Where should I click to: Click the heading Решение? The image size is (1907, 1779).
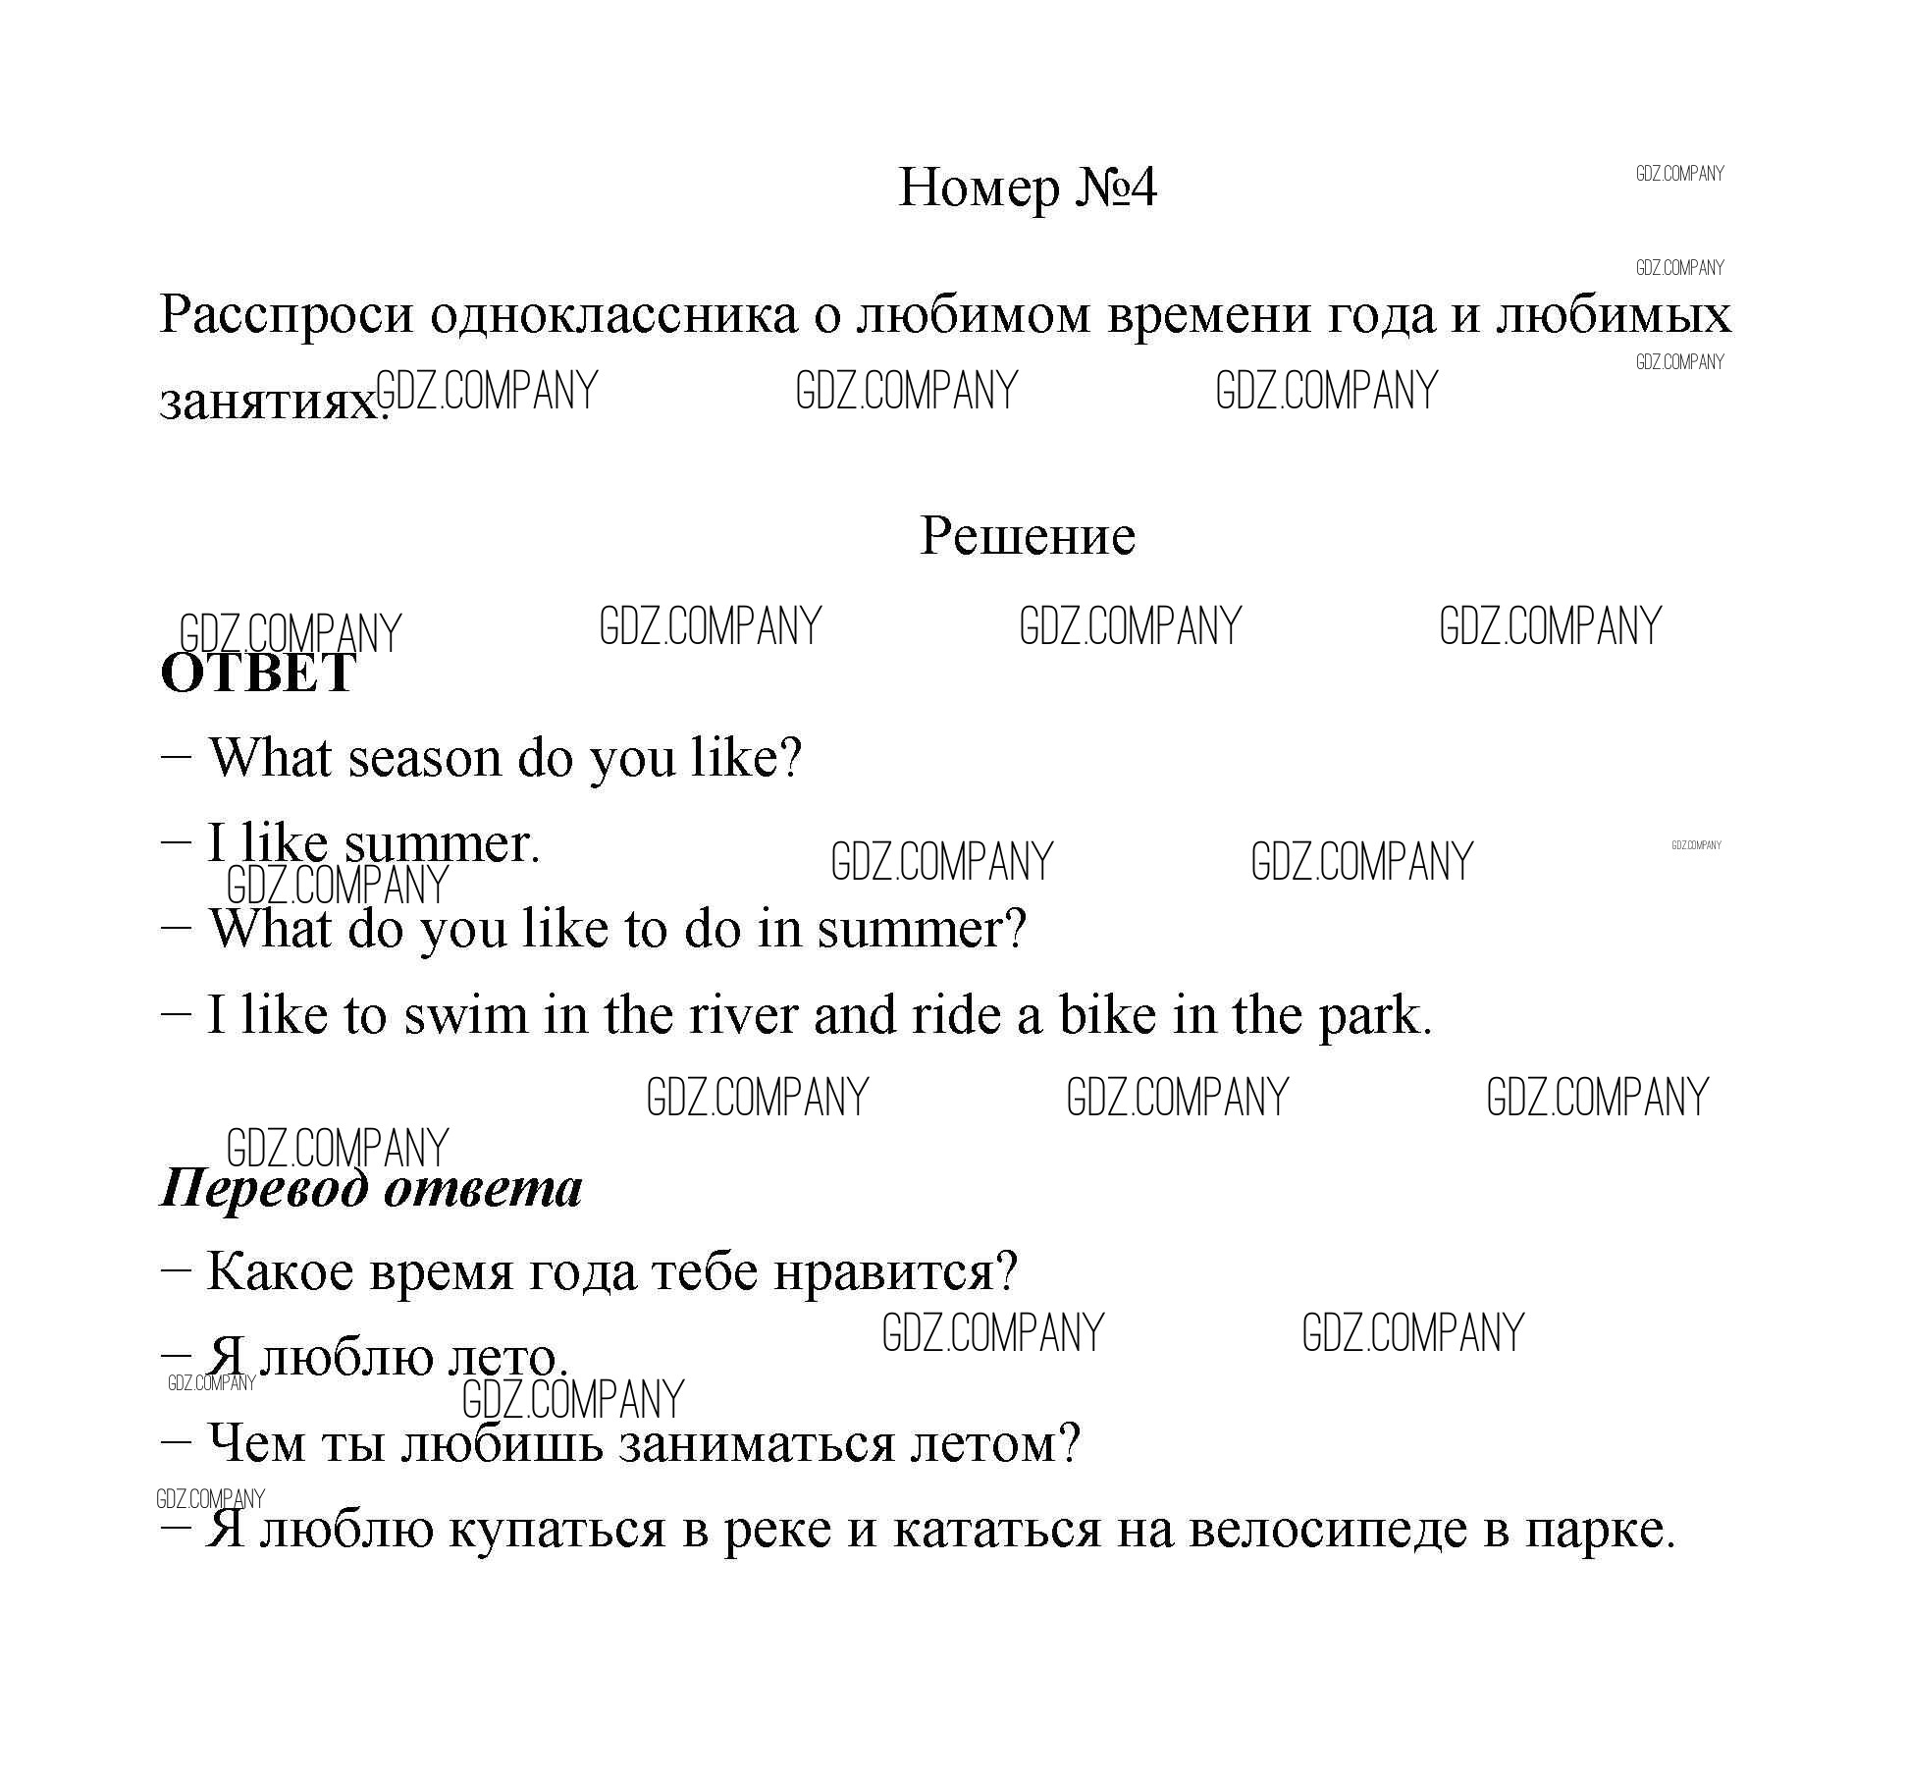[x=1028, y=537]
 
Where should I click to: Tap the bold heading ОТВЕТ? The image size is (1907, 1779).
[x=257, y=674]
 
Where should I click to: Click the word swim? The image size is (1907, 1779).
[x=466, y=1015]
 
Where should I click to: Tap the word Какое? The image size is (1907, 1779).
[x=280, y=1272]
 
